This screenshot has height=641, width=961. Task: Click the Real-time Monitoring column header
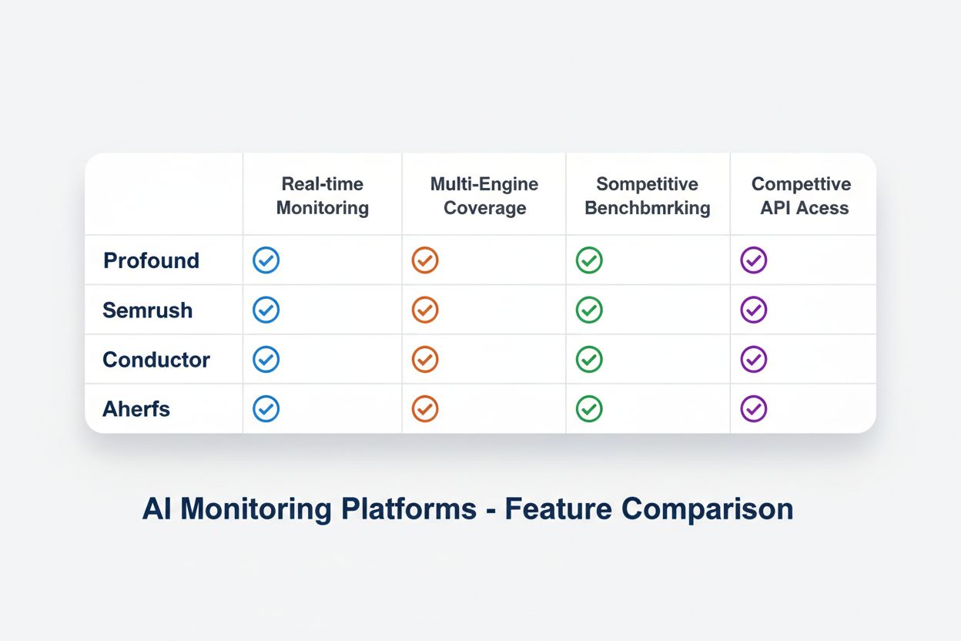[322, 196]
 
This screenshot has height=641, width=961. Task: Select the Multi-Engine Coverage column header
[484, 196]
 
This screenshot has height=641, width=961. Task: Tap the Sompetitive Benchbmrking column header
[647, 196]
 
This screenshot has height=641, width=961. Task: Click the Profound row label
[152, 260]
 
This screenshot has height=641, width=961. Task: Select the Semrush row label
[148, 310]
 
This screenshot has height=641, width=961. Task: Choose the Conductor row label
[156, 360]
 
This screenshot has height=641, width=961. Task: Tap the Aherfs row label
[136, 409]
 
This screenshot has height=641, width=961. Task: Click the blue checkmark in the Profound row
[266, 260]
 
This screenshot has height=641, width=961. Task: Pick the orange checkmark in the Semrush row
[425, 310]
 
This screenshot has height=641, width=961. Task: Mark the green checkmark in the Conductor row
[589, 360]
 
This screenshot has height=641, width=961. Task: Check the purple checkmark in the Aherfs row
[754, 409]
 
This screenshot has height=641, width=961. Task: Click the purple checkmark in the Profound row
[754, 260]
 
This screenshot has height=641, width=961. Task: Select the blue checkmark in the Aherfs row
[266, 409]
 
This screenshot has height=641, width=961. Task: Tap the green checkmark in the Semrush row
[589, 310]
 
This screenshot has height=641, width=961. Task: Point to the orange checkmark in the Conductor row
[425, 360]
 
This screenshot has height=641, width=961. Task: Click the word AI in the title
[156, 510]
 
